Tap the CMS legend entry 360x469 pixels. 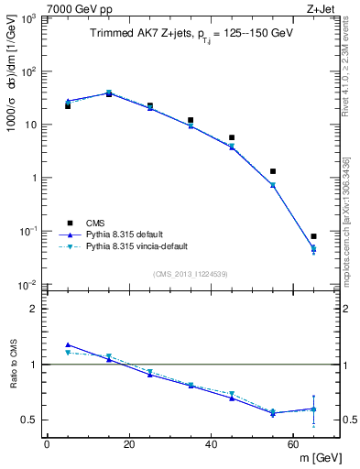96,223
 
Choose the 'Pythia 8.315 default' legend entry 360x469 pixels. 123,234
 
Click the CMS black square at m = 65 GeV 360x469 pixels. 314,236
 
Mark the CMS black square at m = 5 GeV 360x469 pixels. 68,106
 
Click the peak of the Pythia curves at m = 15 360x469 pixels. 109,93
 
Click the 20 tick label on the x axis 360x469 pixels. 129,444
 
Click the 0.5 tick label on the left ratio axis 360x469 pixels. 30,420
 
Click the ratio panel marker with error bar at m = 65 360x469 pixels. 314,409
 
